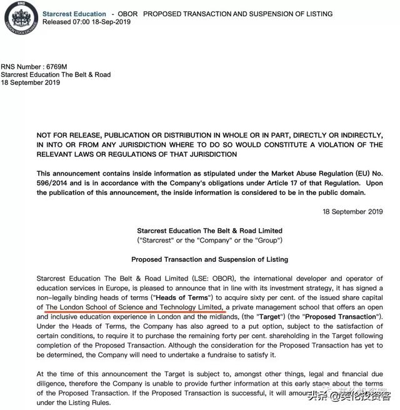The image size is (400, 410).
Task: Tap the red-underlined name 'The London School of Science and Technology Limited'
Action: click(x=134, y=307)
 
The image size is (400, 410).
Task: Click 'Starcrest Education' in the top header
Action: click(x=74, y=14)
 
